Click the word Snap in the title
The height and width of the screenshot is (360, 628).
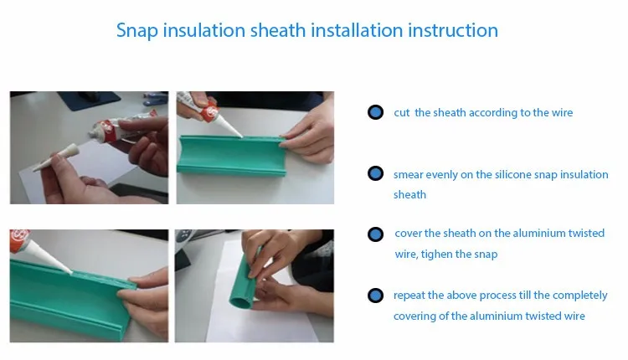(137, 31)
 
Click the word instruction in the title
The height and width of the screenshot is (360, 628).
(453, 30)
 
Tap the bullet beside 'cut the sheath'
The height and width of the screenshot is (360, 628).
(375, 112)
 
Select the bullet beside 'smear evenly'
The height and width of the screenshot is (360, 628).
(375, 174)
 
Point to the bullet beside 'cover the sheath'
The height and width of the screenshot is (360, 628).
(375, 234)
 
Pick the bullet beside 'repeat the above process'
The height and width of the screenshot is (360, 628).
(375, 296)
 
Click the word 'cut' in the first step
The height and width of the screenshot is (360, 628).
(402, 113)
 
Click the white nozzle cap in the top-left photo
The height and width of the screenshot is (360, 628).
(55, 157)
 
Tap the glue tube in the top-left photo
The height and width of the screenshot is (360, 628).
(122, 124)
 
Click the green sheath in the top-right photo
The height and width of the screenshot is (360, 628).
(231, 155)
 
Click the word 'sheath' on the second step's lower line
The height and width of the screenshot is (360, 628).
(409, 195)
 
